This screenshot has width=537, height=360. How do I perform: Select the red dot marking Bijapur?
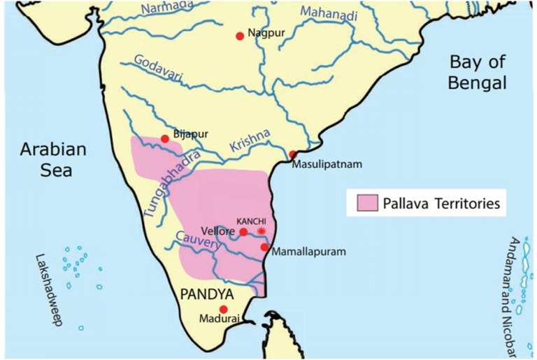click(x=165, y=138)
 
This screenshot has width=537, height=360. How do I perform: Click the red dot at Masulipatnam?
click(x=292, y=154)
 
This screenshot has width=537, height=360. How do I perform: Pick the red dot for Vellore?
click(x=243, y=232)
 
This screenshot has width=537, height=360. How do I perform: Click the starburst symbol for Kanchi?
click(x=262, y=231)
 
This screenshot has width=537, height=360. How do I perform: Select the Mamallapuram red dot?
click(x=264, y=247)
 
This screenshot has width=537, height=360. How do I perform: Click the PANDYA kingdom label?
click(x=208, y=294)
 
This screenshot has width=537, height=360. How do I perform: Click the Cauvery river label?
click(x=196, y=244)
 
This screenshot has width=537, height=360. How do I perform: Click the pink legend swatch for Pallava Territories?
click(x=366, y=203)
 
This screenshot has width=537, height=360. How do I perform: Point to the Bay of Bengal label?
click(x=478, y=73)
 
